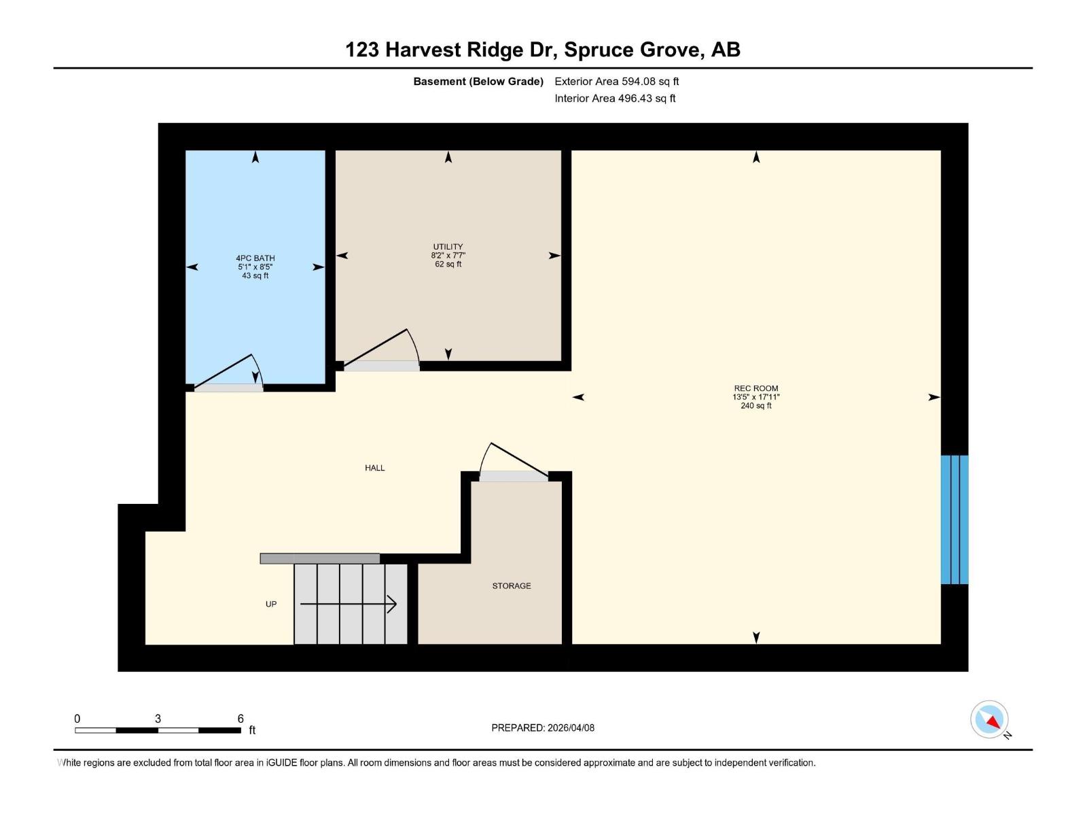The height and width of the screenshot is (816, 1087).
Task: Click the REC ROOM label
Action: (x=755, y=388)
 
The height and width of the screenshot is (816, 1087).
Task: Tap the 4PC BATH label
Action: (x=255, y=258)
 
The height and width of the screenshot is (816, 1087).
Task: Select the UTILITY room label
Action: (x=448, y=246)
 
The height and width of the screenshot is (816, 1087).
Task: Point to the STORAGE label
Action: (x=512, y=585)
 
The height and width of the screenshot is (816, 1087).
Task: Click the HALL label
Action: (x=374, y=468)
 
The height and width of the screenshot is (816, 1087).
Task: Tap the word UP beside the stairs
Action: (x=271, y=604)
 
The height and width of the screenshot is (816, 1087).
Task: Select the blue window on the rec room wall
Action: (x=954, y=520)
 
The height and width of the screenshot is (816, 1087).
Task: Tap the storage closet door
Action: (x=514, y=462)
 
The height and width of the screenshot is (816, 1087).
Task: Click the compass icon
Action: (x=990, y=719)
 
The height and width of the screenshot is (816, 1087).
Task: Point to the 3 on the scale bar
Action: (x=158, y=719)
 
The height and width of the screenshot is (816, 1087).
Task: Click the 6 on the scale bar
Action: (x=240, y=719)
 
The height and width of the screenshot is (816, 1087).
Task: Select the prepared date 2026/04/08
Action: (x=570, y=728)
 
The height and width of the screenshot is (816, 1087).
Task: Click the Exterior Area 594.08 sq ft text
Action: (x=616, y=82)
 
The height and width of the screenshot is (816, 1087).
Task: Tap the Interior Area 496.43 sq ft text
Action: (x=615, y=99)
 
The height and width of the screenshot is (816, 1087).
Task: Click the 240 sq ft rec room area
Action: (x=755, y=406)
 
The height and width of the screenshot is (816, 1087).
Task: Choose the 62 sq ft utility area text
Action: (x=448, y=264)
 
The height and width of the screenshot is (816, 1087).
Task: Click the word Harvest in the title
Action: (x=425, y=50)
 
